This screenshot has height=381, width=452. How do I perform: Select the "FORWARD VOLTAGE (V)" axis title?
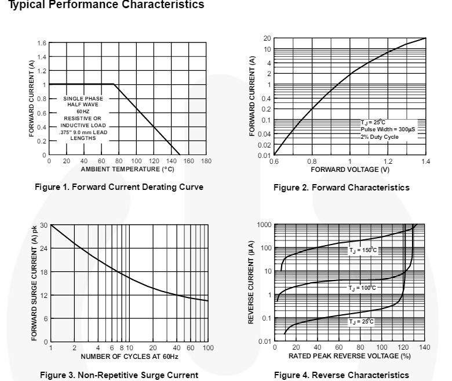pyautogui.click(x=350, y=169)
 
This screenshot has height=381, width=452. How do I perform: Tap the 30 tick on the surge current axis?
pyautogui.click(x=43, y=225)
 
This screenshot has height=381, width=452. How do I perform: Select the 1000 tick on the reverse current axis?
pyautogui.click(x=264, y=225)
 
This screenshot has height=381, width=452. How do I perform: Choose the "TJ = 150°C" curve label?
pyautogui.click(x=363, y=250)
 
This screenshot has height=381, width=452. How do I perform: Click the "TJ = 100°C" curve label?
pyautogui.click(x=363, y=288)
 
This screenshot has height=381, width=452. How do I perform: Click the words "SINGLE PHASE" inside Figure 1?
pyautogui.click(x=83, y=98)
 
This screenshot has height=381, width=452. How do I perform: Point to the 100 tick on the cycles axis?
pyautogui.click(x=207, y=348)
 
